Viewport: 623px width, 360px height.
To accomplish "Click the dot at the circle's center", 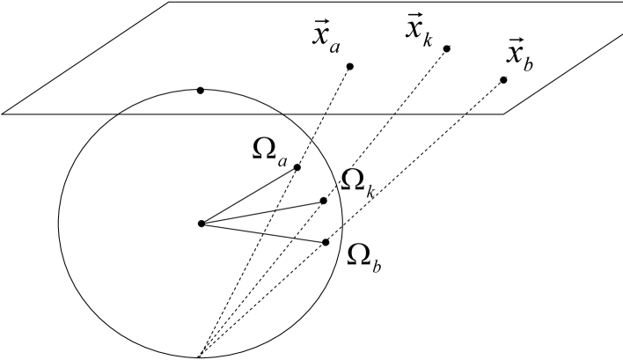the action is click(202, 224).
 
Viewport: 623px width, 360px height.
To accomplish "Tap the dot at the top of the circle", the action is click(201, 90).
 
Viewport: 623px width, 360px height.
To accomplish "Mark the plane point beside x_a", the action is click(350, 67).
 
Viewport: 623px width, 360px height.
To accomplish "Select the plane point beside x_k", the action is click(446, 48).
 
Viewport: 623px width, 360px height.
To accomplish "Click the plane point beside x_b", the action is click(503, 81).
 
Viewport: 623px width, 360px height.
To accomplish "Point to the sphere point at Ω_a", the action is click(297, 167).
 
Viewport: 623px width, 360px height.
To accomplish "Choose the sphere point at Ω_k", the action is click(324, 201).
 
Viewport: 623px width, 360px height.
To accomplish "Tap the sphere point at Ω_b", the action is click(326, 242).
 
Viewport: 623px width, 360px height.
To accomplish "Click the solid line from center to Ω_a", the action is click(249, 195).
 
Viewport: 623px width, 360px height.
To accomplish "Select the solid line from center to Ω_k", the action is click(262, 212).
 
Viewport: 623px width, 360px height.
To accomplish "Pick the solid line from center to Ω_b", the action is click(264, 233).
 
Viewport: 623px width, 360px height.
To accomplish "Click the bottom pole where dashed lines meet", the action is click(200, 356).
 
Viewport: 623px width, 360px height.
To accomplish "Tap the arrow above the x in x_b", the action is click(514, 41).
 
